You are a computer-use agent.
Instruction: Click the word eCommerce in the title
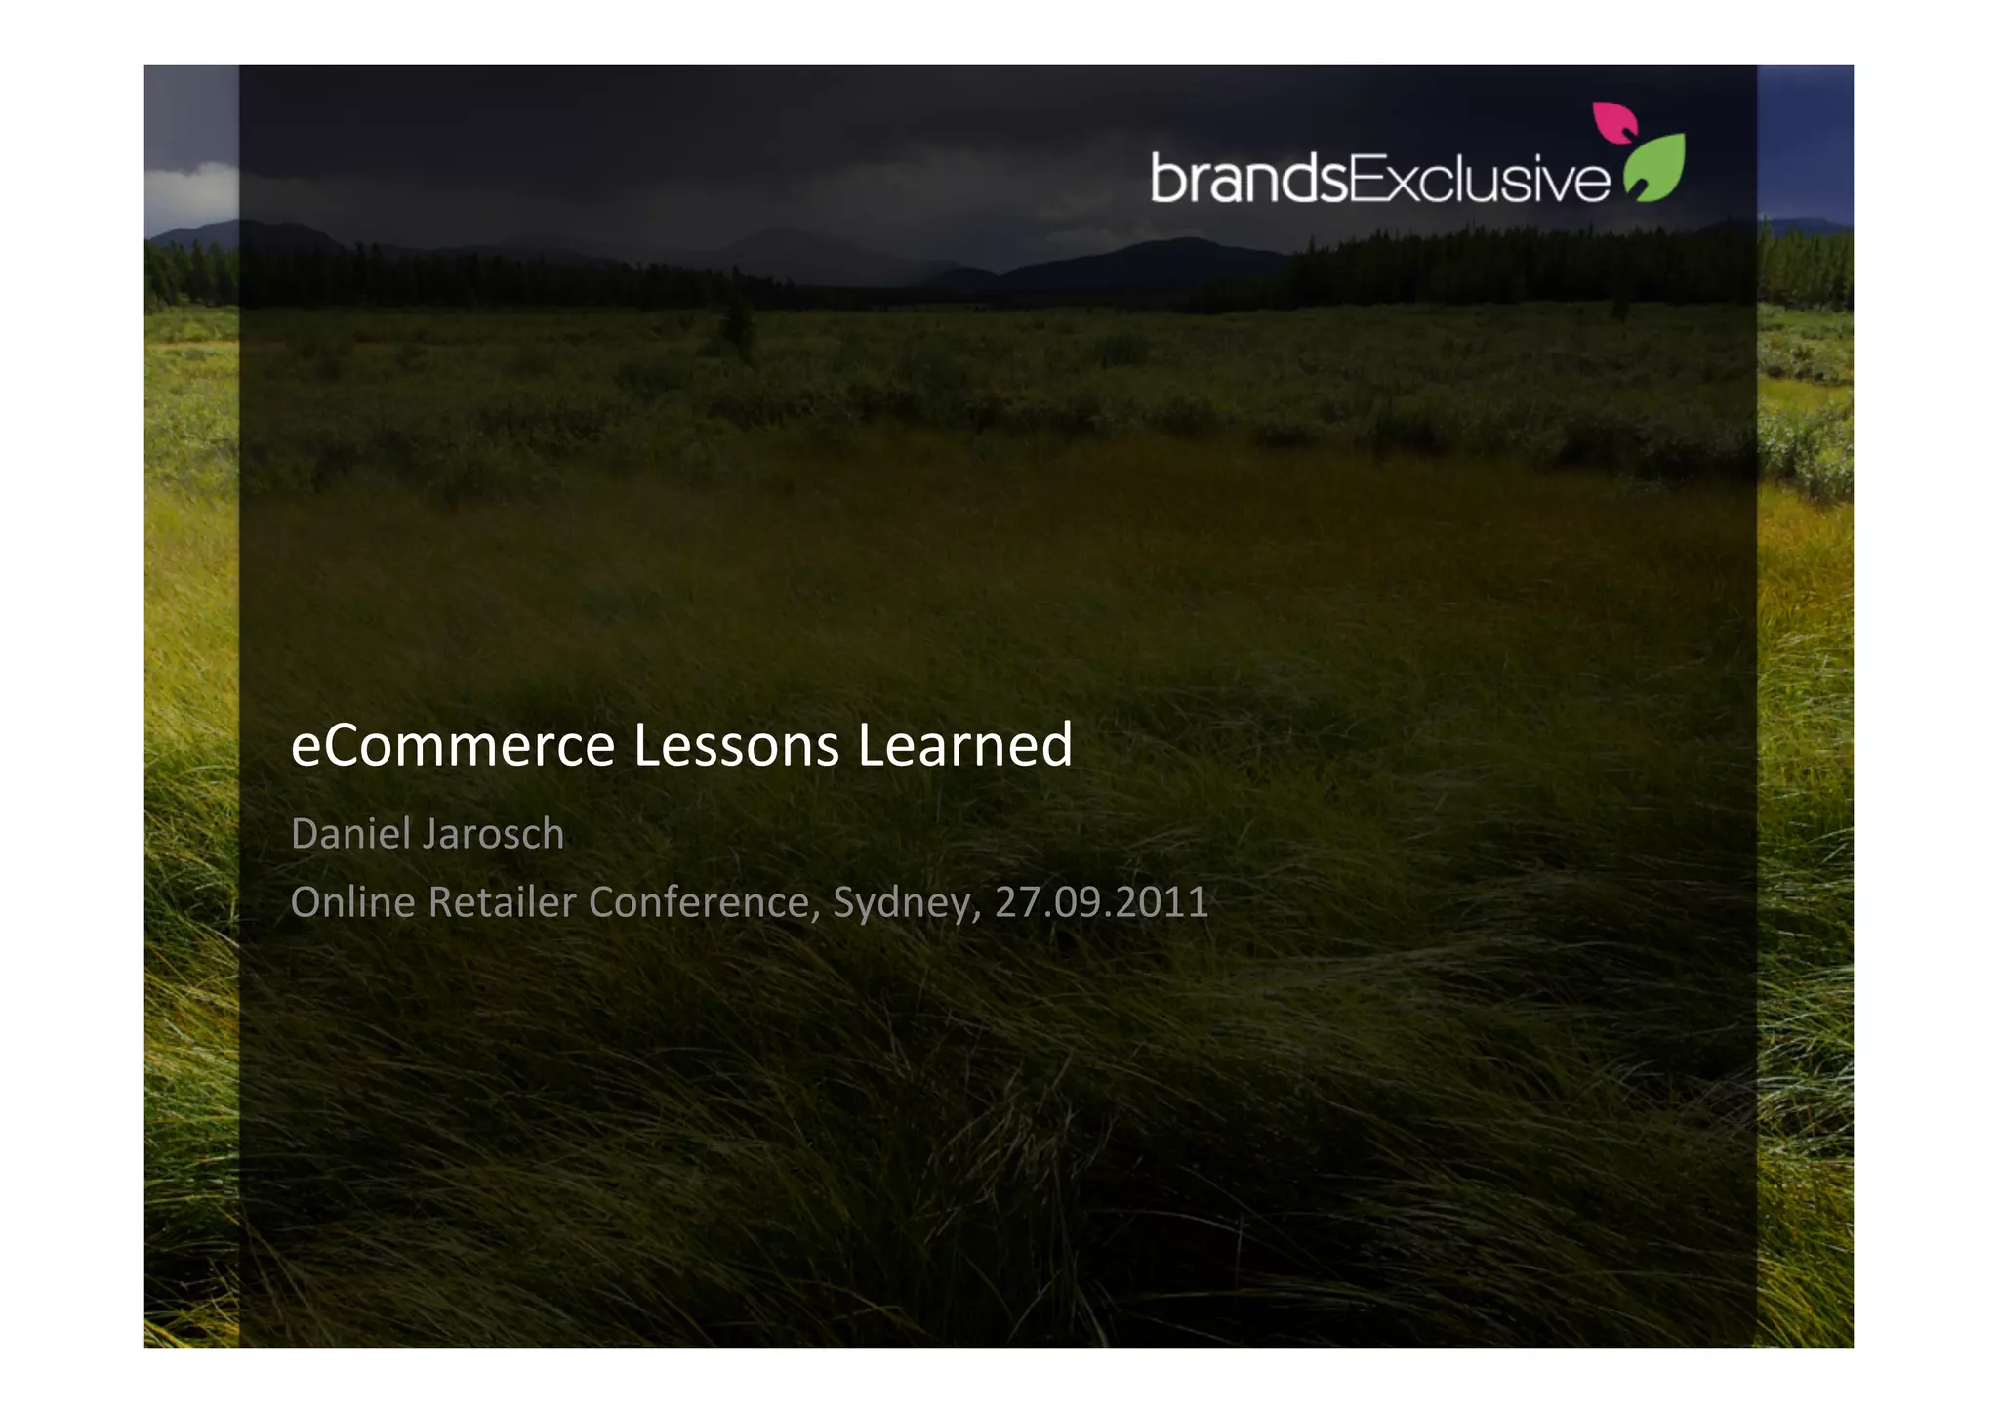453,746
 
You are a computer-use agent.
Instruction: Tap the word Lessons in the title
736,746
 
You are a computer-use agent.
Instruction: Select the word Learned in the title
964,746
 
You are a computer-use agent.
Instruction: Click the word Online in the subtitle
353,902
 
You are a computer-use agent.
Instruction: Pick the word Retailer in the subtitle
503,902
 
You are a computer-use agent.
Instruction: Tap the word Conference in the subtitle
699,902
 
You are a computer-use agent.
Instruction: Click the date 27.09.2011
1101,902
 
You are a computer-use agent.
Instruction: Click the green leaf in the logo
1655,168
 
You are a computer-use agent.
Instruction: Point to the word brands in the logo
1248,179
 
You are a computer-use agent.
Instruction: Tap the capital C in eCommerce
347,746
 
